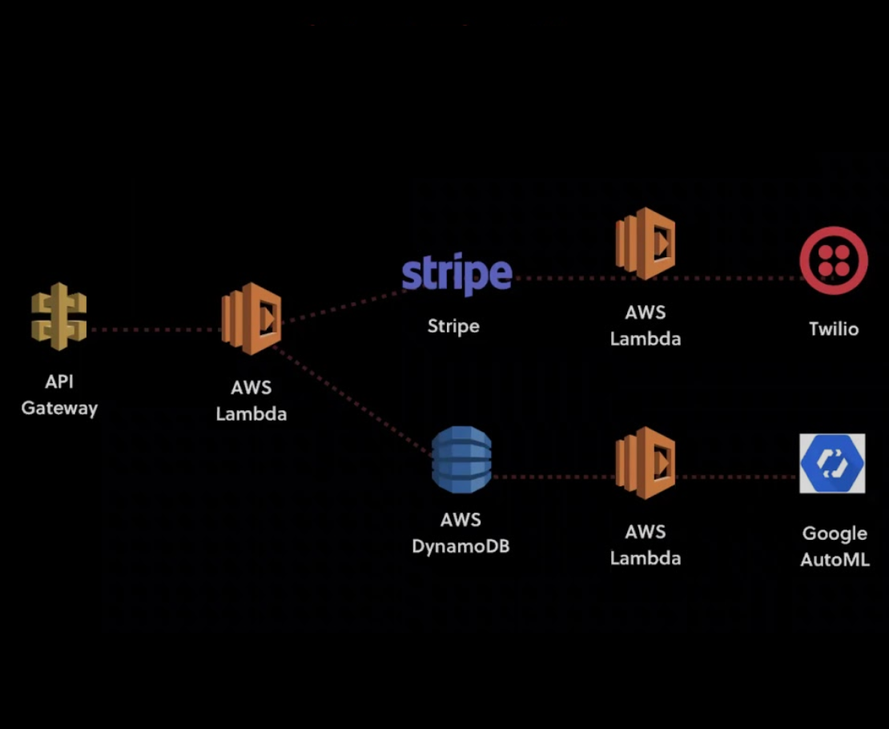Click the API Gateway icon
[x=58, y=317]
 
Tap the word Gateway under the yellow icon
[x=59, y=409]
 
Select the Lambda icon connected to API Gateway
[x=251, y=318]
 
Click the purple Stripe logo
[x=457, y=275]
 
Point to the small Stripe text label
[x=453, y=326]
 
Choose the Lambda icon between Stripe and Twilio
[x=645, y=244]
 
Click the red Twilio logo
[x=834, y=260]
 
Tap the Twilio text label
[x=834, y=329]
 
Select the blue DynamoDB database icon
[x=461, y=459]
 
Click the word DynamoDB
[x=461, y=546]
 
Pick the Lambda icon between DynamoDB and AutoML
[x=645, y=462]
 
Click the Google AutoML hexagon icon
[x=832, y=464]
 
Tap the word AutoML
[x=835, y=560]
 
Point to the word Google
[x=835, y=534]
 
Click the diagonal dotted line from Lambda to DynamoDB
[x=352, y=401]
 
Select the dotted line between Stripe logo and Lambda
[x=565, y=278]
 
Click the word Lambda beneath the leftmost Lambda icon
[x=251, y=414]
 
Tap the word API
[x=59, y=382]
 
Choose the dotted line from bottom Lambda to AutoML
[x=737, y=477]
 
